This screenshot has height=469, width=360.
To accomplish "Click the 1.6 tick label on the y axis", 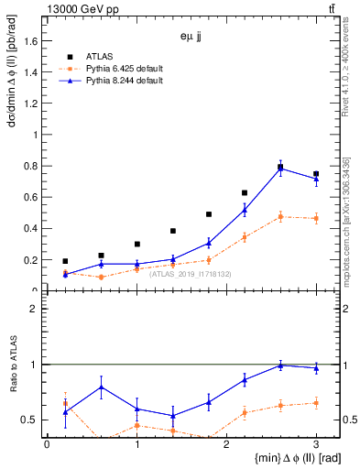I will coord(30,40).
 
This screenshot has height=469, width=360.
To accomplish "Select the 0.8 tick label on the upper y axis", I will coord(30,166).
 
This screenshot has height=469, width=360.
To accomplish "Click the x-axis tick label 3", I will coord(316,444).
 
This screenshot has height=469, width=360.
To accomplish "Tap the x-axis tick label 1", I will coord(136,444).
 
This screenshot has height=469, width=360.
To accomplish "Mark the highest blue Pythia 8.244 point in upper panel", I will coord(280,168).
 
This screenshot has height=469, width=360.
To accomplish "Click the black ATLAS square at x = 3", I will coord(316,173).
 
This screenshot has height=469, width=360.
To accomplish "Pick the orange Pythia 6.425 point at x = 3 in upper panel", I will coord(316,218).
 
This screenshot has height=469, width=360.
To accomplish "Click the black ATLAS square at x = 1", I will coord(136,244).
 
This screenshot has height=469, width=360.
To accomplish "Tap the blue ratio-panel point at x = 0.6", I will coord(101,387).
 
